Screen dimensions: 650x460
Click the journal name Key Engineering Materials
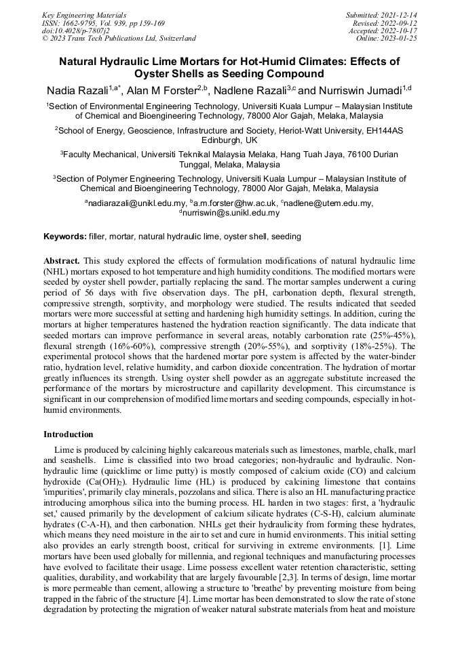coord(83,14)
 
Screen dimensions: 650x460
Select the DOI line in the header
coord(77,31)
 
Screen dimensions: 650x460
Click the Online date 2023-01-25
coord(402,39)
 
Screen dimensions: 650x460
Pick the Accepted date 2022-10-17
coord(402,31)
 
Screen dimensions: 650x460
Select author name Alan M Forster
coord(162,92)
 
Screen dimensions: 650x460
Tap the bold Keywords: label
coord(64,237)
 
